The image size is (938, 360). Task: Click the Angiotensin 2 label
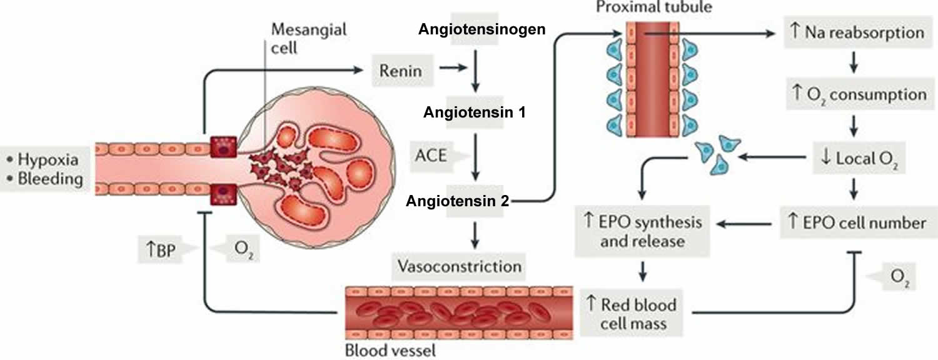click(x=458, y=201)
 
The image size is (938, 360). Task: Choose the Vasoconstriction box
click(x=459, y=266)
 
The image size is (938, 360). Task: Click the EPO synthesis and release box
click(x=642, y=231)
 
